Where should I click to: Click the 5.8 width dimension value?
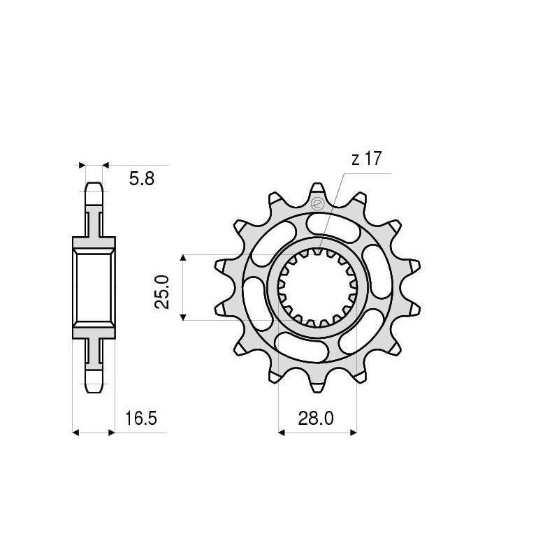pyautogui.click(x=142, y=179)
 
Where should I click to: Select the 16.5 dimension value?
pyautogui.click(x=141, y=419)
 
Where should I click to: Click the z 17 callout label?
pyautogui.click(x=366, y=159)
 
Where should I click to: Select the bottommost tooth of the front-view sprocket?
pyautogui.click(x=318, y=389)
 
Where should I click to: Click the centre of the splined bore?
pyautogui.click(x=319, y=287)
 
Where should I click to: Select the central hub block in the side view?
pyautogui.click(x=94, y=287)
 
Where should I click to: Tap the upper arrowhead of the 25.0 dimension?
pyautogui.click(x=183, y=259)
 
